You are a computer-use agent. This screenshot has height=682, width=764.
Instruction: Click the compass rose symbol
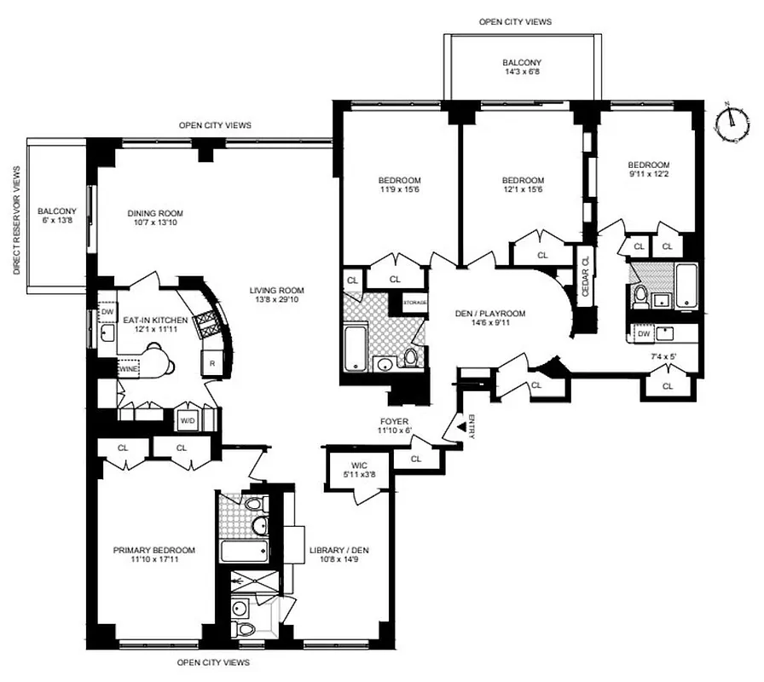point(729,123)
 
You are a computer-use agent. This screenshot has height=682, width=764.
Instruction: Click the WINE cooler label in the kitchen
point(129,368)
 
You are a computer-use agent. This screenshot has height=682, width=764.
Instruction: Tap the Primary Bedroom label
point(154,555)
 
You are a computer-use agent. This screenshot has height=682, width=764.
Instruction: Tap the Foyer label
point(395,425)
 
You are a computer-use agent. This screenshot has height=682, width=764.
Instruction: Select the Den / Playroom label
point(489,318)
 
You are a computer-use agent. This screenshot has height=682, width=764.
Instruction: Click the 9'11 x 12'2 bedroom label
point(649,170)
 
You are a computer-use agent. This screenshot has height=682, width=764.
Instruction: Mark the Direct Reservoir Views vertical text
point(15,220)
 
